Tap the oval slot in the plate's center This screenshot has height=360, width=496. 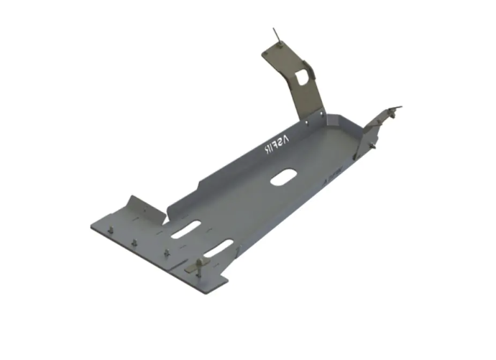pos(281,177)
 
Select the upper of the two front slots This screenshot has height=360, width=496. pos(186,229)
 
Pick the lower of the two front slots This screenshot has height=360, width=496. pos(219,249)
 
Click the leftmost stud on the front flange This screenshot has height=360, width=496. pos(113,229)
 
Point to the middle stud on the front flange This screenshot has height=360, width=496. pos(134,241)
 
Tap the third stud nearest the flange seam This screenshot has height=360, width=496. pos(167,253)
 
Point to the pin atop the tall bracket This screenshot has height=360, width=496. pos(275,34)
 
